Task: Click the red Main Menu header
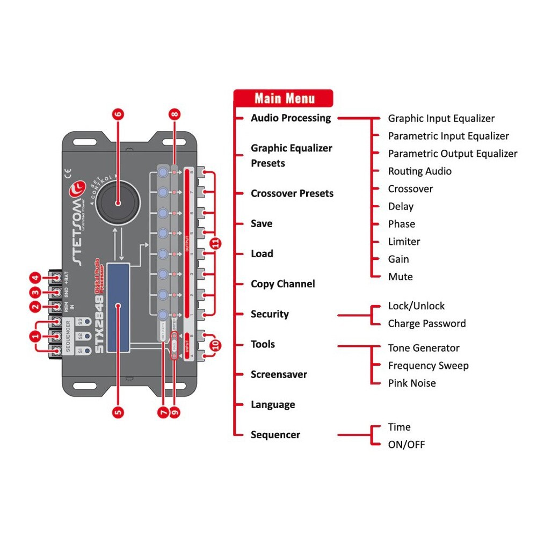point(284,98)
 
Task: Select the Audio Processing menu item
point(291,118)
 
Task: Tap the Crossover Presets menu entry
point(292,193)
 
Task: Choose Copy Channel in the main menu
point(282,284)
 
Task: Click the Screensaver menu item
point(279,374)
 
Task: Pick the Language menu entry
point(273,404)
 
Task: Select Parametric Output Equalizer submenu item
point(452,154)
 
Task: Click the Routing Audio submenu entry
point(419,171)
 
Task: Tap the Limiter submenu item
point(404,242)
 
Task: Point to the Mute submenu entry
point(400,277)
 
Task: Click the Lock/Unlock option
point(416,306)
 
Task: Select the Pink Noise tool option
point(411,383)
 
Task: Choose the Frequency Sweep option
point(428,366)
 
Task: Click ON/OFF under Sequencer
point(406,445)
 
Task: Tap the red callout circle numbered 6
point(119,114)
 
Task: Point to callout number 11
point(216,243)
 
